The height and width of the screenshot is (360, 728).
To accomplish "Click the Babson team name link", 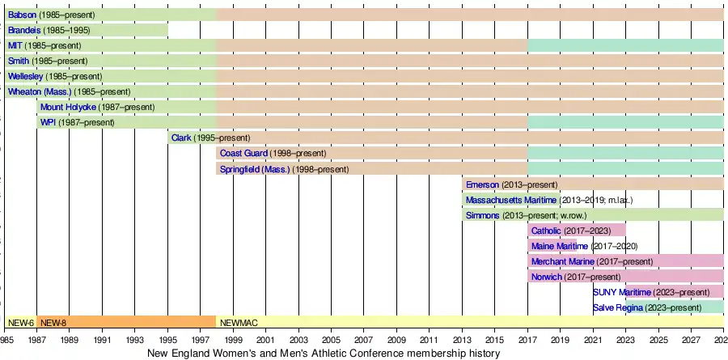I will [23, 15].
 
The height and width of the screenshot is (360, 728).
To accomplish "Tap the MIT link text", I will [15, 46].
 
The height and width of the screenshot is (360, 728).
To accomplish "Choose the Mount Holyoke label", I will [68, 108].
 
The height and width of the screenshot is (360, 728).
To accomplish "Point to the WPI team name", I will [48, 123].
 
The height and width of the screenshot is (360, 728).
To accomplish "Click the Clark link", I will [181, 138].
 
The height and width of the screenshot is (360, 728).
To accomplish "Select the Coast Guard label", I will [243, 154].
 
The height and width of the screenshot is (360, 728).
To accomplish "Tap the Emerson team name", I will [483, 184].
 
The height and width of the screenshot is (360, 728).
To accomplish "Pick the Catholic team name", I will [547, 231].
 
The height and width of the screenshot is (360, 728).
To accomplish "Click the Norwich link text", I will [547, 277].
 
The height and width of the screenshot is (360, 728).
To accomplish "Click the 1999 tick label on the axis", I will [233, 341].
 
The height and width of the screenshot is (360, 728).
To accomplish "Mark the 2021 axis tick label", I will [593, 341].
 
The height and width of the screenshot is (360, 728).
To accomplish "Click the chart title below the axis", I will [324, 354].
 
